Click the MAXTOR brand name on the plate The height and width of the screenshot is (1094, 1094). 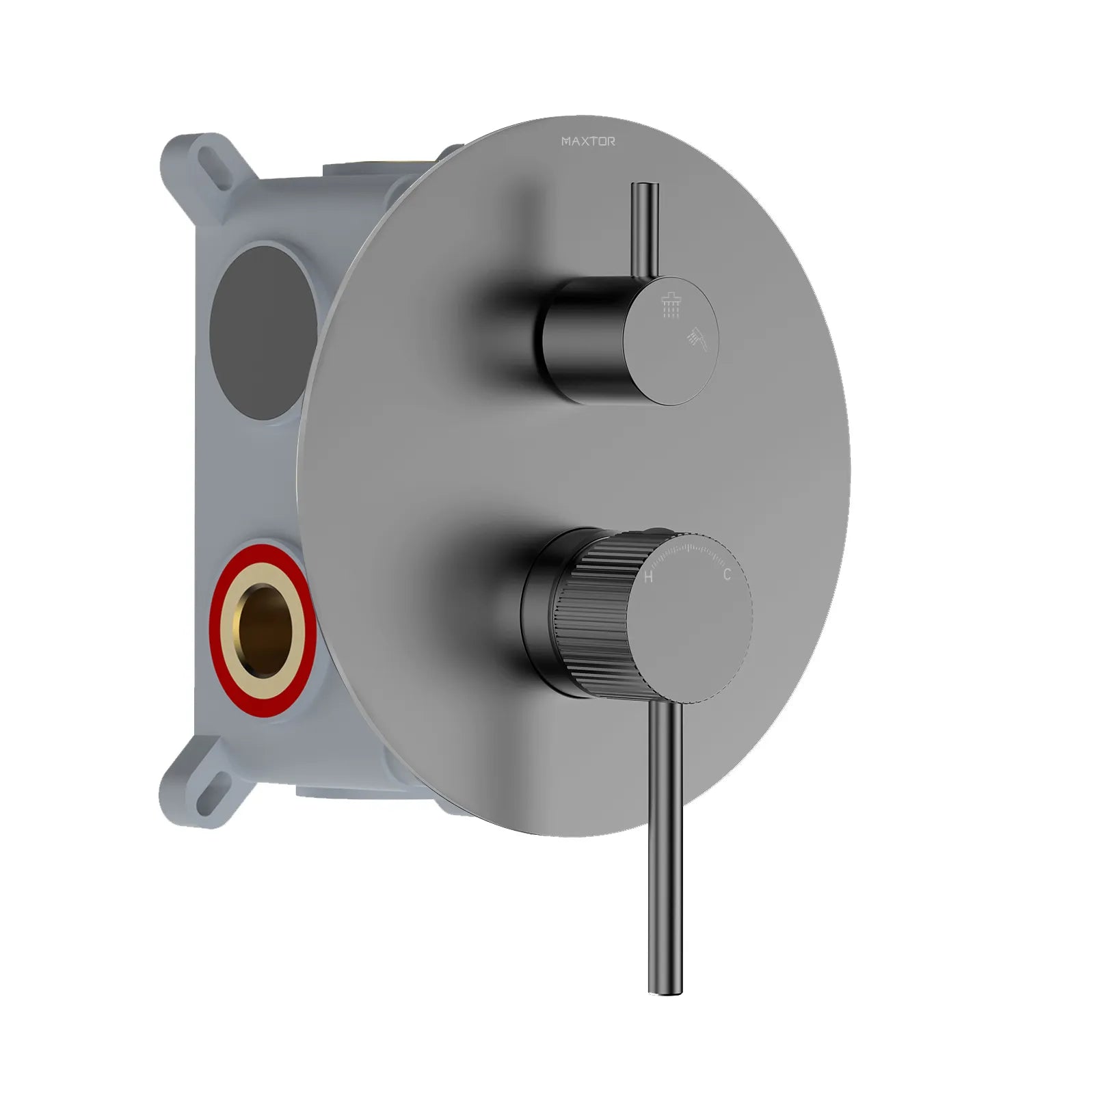(588, 142)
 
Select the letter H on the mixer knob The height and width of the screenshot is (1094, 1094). (648, 577)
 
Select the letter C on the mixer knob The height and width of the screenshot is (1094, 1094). (726, 574)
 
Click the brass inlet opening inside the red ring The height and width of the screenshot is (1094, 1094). (263, 630)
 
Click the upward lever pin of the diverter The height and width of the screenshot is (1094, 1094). (645, 226)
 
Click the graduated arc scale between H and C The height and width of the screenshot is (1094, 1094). (688, 547)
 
